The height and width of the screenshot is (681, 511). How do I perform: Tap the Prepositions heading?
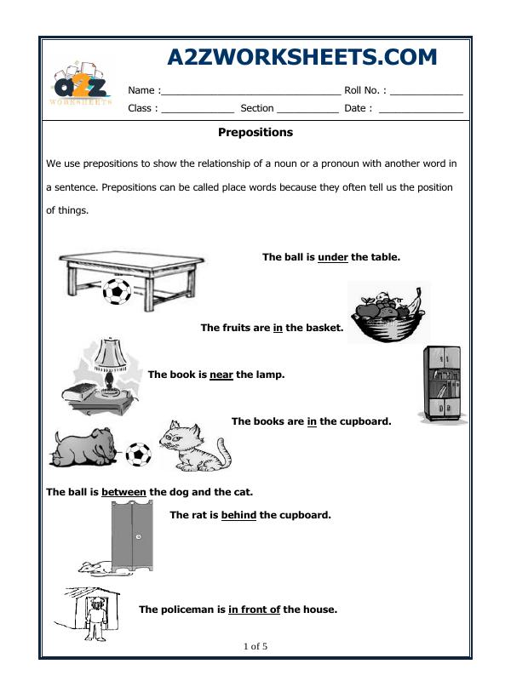click(255, 133)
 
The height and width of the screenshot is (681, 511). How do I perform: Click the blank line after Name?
click(250, 91)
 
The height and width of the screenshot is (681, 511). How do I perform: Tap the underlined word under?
click(333, 256)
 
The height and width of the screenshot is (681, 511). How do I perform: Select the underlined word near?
click(221, 374)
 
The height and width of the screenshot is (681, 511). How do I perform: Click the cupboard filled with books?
click(441, 383)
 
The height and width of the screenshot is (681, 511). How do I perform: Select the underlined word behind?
click(238, 515)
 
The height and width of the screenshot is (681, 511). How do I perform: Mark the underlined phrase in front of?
click(254, 609)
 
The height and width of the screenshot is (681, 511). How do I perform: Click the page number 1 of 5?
click(255, 646)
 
